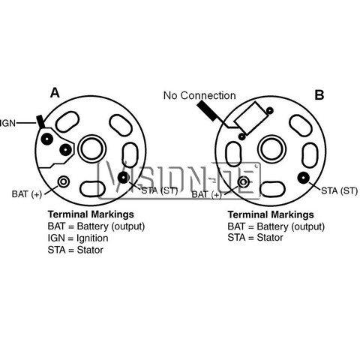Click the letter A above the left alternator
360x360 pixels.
click(x=55, y=93)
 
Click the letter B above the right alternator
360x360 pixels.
click(x=319, y=95)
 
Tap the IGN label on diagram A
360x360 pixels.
click(x=7, y=123)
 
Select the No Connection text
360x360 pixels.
click(x=199, y=95)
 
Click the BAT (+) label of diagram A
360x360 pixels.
click(x=27, y=194)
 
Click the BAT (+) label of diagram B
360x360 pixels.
click(x=207, y=194)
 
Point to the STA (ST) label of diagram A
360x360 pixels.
click(x=160, y=190)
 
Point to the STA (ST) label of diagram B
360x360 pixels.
click(x=339, y=191)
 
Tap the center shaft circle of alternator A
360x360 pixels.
click(x=92, y=149)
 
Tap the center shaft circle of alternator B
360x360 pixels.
click(x=271, y=150)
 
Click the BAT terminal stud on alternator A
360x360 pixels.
click(x=64, y=181)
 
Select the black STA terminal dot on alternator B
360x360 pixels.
click(x=304, y=178)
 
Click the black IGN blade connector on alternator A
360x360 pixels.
click(x=40, y=121)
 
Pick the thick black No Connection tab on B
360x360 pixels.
click(x=208, y=111)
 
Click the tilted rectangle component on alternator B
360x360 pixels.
click(x=251, y=118)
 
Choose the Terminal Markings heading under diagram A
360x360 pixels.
click(x=91, y=214)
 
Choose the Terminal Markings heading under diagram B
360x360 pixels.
click(x=271, y=214)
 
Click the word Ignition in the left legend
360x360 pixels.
click(x=92, y=238)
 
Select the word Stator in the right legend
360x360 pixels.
click(x=270, y=238)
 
